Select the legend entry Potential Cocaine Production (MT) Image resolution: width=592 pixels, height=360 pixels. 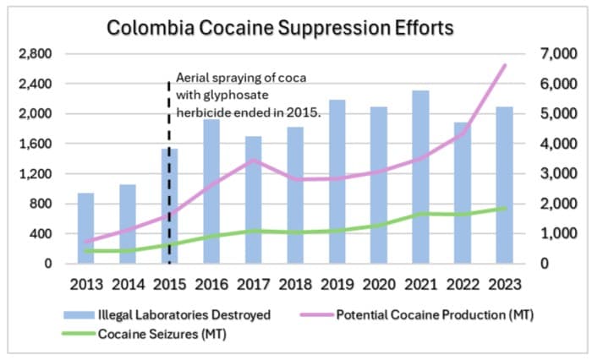[435, 315]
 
